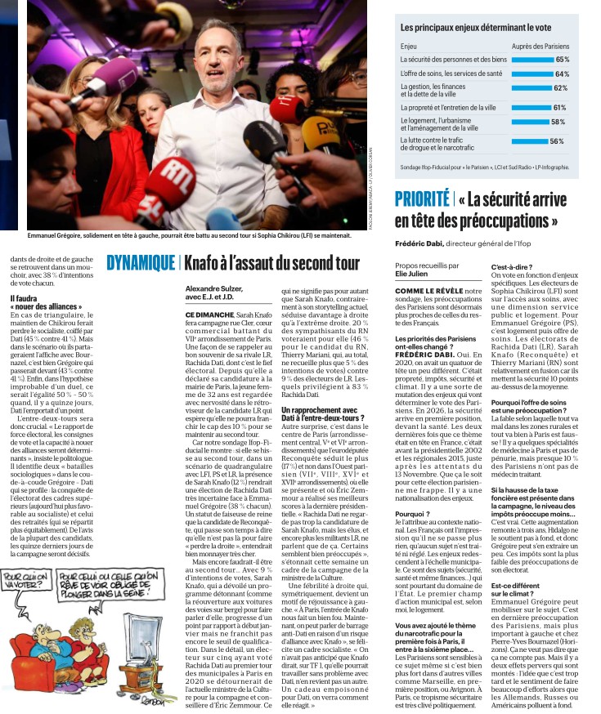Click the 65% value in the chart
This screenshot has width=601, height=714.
coord(562,60)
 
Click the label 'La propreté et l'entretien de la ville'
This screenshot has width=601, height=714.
coord(447,107)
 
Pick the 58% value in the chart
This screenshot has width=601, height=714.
coord(558,122)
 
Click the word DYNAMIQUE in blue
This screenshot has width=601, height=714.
coord(141,262)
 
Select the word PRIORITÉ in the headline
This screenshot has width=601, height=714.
coord(422,199)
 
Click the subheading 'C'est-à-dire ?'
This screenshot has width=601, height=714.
coord(507,266)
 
